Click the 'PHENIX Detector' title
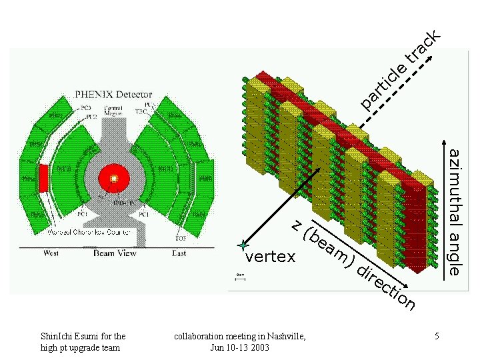[x=113, y=95]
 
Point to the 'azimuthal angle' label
[x=455, y=212]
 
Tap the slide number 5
[x=437, y=337]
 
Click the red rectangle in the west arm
[x=44, y=178]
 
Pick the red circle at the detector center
[x=114, y=178]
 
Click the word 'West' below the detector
[x=51, y=253]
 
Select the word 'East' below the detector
[x=179, y=253]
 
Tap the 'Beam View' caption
[x=115, y=253]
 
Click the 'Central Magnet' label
[x=113, y=110]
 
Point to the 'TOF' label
[x=180, y=238]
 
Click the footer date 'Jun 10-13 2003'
[x=240, y=348]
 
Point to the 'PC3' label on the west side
[x=86, y=106]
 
